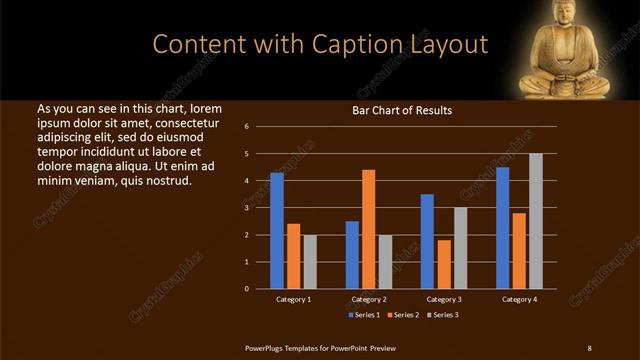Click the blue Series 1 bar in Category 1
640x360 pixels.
(277, 230)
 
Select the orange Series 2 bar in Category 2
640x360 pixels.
(368, 229)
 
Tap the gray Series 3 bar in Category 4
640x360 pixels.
(536, 221)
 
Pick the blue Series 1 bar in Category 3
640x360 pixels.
(427, 241)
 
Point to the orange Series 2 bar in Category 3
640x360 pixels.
(444, 264)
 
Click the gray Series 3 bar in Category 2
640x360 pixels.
(385, 261)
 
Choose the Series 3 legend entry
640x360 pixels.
(443, 315)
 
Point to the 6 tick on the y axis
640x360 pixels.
(259, 127)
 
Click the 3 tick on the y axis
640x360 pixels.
(259, 208)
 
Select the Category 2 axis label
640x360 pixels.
(368, 299)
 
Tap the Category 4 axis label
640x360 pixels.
(519, 299)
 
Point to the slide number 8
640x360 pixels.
(589, 347)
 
